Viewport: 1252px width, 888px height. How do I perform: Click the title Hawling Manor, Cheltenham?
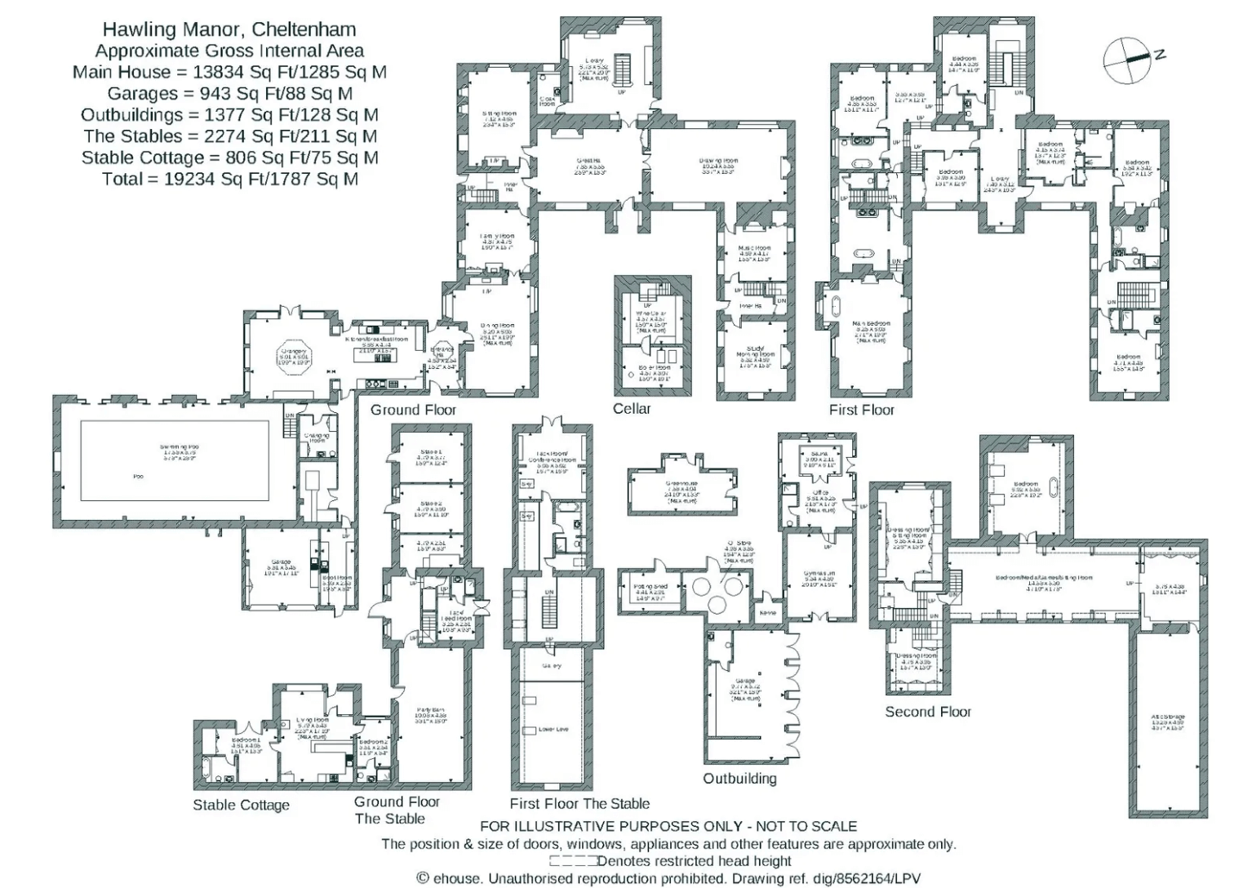point(229,29)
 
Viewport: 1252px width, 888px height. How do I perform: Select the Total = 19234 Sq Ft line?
point(229,179)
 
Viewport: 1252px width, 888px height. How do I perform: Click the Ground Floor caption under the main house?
point(413,410)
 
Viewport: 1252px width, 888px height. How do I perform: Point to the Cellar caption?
point(632,409)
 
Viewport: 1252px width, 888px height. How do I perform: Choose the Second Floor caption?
point(928,712)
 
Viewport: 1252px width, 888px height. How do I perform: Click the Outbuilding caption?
point(739,779)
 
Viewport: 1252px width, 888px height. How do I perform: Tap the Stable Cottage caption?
point(241,806)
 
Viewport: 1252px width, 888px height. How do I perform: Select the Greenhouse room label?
point(681,489)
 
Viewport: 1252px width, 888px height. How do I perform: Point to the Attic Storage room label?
point(1167,721)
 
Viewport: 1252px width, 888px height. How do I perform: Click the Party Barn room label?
point(431,716)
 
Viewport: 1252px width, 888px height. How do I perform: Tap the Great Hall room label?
point(588,166)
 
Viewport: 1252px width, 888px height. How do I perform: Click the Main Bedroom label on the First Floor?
point(871,328)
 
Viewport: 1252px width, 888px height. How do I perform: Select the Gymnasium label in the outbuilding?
point(819,579)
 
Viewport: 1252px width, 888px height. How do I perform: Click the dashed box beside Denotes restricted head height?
point(572,861)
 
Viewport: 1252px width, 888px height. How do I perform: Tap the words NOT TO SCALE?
point(806,826)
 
